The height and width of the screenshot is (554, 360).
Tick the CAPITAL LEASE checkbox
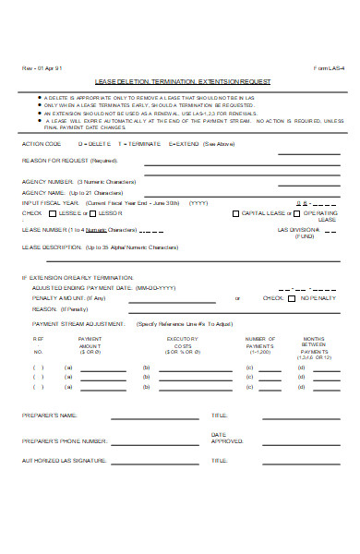click(x=235, y=212)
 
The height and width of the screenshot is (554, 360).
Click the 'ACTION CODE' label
click(x=42, y=144)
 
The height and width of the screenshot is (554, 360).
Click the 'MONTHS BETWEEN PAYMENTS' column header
click(x=315, y=345)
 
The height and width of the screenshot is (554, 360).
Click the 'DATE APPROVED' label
click(x=226, y=438)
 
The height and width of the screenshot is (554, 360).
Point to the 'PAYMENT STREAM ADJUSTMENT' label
click(x=78, y=325)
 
